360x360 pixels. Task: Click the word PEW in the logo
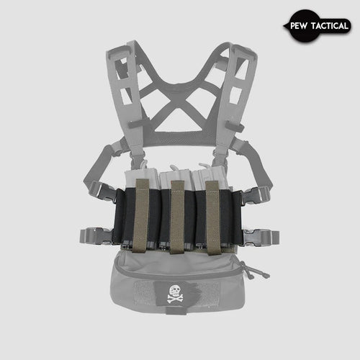tap(300, 27)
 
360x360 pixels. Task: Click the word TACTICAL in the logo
tap(328, 27)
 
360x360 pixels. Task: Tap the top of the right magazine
tap(210, 177)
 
